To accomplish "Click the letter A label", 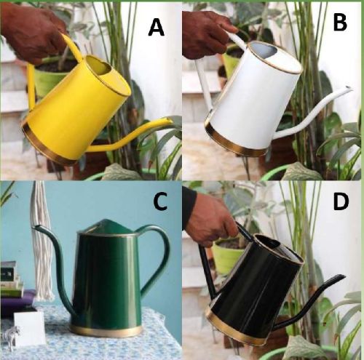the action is click(157, 28).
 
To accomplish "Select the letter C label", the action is click(160, 201).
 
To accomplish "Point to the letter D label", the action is click(341, 201).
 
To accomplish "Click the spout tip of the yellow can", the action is click(170, 119).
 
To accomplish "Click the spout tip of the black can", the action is click(342, 277).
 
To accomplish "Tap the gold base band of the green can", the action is click(106, 331).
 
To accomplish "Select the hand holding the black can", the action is click(211, 224).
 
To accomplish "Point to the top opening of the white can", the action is click(275, 57).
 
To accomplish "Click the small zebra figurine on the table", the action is click(9, 336).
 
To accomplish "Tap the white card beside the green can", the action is click(30, 328).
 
